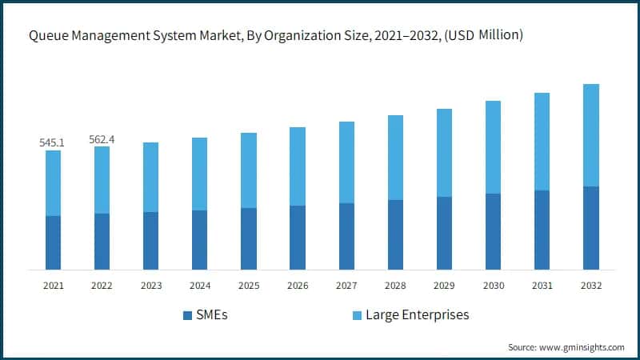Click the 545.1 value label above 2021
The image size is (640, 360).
[53, 142]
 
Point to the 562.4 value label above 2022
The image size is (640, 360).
[102, 139]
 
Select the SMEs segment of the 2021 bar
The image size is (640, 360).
[53, 242]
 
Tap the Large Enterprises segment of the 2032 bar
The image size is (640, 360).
[591, 135]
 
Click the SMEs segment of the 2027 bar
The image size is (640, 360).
[346, 236]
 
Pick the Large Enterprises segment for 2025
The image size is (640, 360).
[249, 170]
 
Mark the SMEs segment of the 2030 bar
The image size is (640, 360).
[494, 231]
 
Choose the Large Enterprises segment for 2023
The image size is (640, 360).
[151, 177]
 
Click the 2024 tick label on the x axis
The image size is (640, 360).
[200, 286]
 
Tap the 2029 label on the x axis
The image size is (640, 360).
[445, 286]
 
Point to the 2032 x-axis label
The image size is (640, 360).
[591, 286]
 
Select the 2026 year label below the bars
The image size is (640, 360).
[298, 286]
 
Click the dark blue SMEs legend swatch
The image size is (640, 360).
[187, 315]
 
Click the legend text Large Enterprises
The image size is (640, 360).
[417, 314]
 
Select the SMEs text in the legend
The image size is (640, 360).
[212, 314]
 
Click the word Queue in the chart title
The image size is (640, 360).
[49, 34]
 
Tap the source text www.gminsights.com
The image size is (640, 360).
[582, 347]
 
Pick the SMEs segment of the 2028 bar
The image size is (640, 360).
[395, 234]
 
